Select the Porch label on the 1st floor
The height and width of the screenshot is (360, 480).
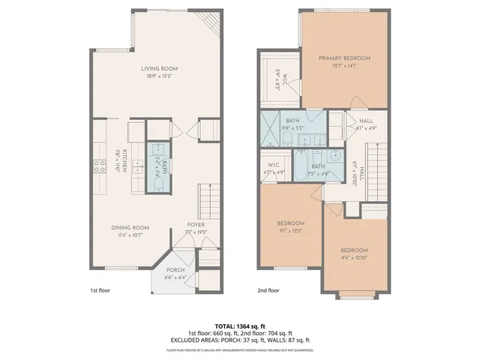click(x=175, y=271)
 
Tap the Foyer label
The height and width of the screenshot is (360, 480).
click(x=196, y=224)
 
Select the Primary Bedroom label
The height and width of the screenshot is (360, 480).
click(x=344, y=58)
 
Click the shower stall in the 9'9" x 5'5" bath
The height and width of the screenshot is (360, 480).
click(x=273, y=130)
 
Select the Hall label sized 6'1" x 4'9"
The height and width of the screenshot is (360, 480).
click(x=366, y=121)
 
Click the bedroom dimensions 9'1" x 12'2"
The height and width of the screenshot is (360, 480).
click(x=291, y=230)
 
